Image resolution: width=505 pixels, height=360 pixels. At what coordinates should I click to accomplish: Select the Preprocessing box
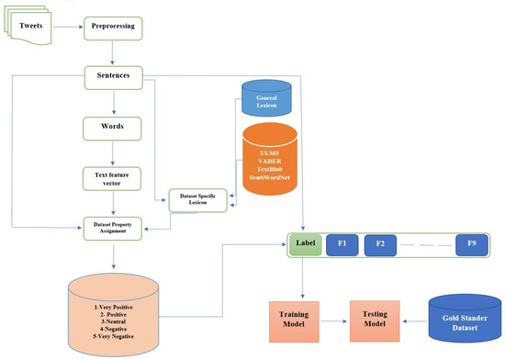pos(112,27)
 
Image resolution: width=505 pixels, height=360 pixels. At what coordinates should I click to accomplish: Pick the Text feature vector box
pos(112,176)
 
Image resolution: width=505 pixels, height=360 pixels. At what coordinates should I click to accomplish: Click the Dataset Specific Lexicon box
pos(197,200)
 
